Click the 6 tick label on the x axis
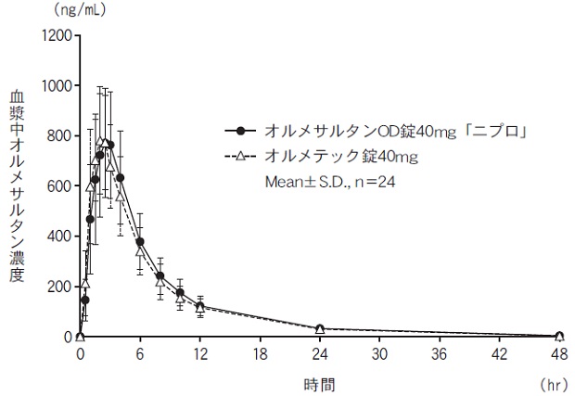pos(140,354)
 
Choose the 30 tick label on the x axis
pos(379,354)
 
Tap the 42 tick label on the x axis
pos(499,354)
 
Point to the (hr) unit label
pos(551,381)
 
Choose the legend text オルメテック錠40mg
pos(340,156)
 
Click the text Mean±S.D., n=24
pos(331,182)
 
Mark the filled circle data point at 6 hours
pos(140,242)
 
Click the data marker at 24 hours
pos(320,328)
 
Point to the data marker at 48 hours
pos(559,336)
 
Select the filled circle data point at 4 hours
pos(121,177)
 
